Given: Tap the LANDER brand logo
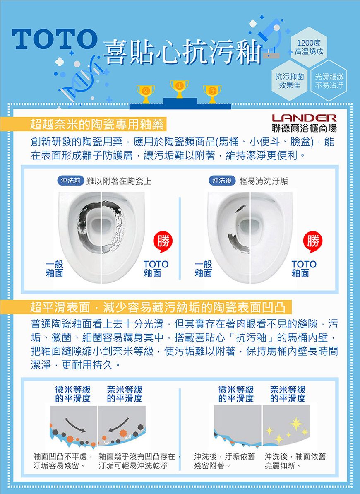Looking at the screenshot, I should click(x=304, y=118).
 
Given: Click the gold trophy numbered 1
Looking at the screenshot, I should click(x=179, y=89).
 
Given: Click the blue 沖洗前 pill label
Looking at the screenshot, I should click(x=70, y=181).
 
